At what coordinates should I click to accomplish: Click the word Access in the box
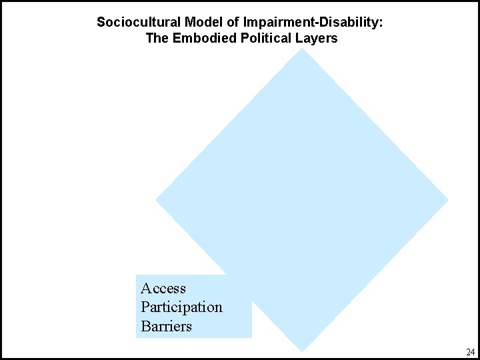click(x=163, y=289)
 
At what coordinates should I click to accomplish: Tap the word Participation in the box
click(x=181, y=307)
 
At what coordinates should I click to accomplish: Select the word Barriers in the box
click(x=166, y=327)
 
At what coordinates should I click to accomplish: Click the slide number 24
click(x=471, y=351)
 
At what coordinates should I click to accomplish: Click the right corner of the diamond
click(x=447, y=199)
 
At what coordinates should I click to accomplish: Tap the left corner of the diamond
click(x=157, y=199)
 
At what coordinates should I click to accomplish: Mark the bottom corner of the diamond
click(x=302, y=350)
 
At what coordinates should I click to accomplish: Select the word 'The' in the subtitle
click(x=157, y=38)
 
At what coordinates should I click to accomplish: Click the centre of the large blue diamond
click(x=302, y=199)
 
